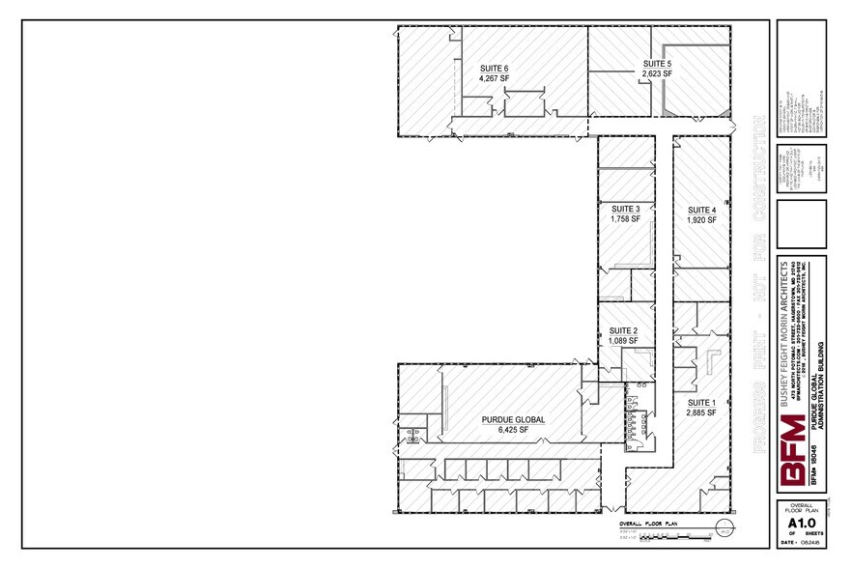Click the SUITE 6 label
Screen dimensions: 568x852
pyautogui.click(x=494, y=69)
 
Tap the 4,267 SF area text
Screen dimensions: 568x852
pyautogui.click(x=494, y=79)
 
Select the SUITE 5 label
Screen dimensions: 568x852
pyautogui.click(x=657, y=64)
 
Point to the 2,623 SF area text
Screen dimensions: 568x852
pyautogui.click(x=657, y=74)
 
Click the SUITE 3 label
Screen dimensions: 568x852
pyautogui.click(x=625, y=209)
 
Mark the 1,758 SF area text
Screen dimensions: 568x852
pyautogui.click(x=625, y=219)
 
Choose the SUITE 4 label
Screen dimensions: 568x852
pyautogui.click(x=701, y=210)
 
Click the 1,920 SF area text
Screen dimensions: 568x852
pyautogui.click(x=701, y=220)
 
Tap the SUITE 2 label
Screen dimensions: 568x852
pyautogui.click(x=623, y=330)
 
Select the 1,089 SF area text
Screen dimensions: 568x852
pyautogui.click(x=623, y=341)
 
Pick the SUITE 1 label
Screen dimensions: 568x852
pyautogui.click(x=701, y=402)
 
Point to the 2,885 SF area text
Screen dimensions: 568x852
pyautogui.click(x=701, y=412)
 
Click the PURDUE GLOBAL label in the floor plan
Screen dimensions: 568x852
pyautogui.click(x=514, y=420)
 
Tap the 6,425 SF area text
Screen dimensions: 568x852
pyautogui.click(x=514, y=431)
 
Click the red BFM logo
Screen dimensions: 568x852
pyautogui.click(x=793, y=451)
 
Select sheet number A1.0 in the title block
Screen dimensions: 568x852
pyautogui.click(x=801, y=525)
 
